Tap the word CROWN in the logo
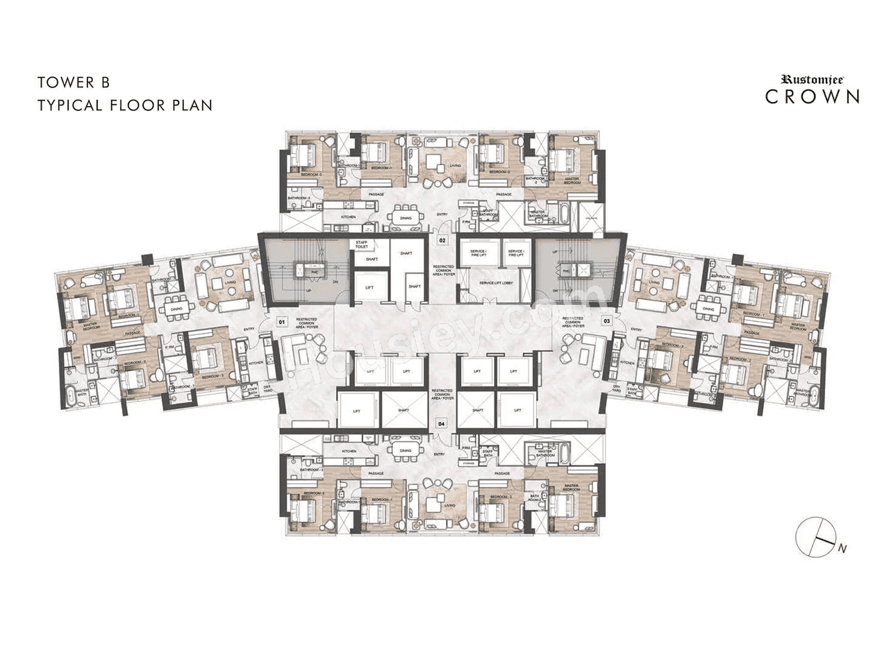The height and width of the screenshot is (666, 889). pyautogui.click(x=813, y=96)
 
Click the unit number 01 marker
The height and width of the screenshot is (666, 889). pyautogui.click(x=282, y=322)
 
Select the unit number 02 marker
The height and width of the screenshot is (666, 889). pyautogui.click(x=442, y=240)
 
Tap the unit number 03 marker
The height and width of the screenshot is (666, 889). pyautogui.click(x=606, y=321)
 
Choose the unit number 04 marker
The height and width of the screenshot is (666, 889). pyautogui.click(x=441, y=422)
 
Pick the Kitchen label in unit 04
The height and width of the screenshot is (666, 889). pyautogui.click(x=348, y=452)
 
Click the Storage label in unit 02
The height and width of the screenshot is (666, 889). pyautogui.click(x=468, y=203)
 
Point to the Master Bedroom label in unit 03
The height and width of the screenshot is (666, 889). pyautogui.click(x=797, y=325)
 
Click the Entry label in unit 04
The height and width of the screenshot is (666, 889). pyautogui.click(x=439, y=454)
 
